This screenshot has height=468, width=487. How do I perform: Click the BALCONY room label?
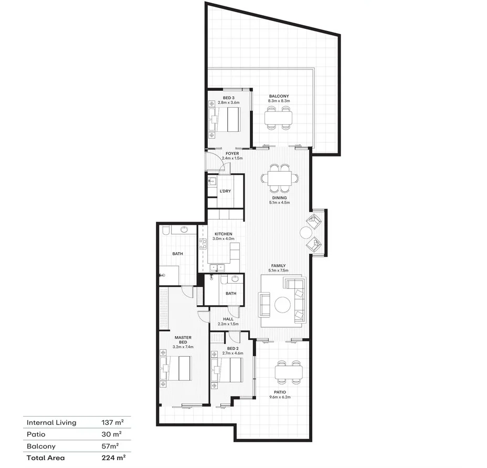279,96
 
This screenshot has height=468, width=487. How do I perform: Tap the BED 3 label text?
228,98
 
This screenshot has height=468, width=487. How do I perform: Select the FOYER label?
232,153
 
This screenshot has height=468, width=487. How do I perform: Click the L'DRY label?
226,191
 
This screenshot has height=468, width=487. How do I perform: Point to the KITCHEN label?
223,234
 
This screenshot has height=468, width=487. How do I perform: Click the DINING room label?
279,198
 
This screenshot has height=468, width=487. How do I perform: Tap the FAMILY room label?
278,266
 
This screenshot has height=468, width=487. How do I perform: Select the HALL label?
228,319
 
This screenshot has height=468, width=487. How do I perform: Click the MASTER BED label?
183,339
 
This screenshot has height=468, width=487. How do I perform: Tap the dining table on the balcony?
278,118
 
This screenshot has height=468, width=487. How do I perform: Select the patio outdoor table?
289,372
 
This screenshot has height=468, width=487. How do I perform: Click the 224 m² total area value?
113,457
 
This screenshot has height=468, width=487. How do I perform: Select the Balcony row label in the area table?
41,446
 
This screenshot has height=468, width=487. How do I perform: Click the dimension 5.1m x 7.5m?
278,271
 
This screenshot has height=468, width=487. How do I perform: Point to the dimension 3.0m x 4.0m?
223,239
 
